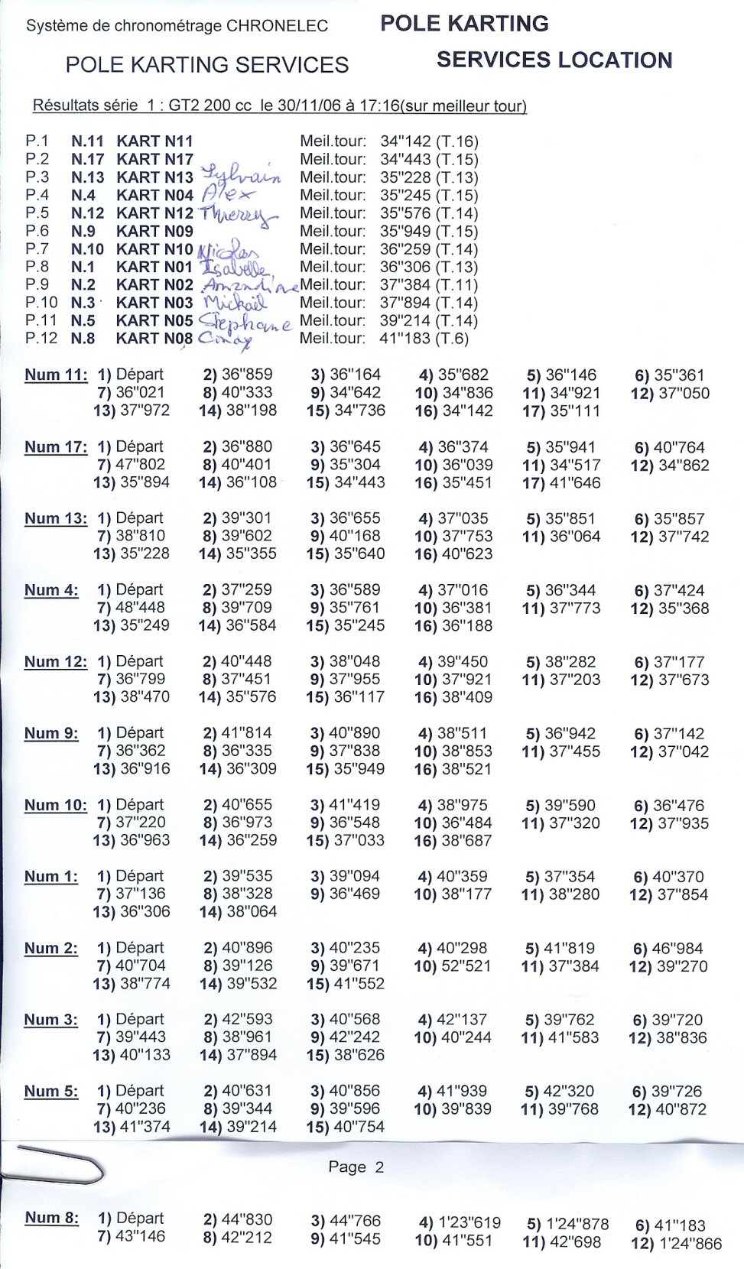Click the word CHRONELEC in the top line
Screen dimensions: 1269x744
[x=277, y=25]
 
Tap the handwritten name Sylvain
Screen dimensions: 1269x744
[x=241, y=175]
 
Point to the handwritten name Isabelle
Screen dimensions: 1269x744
[x=235, y=267]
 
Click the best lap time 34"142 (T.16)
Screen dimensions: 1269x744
[x=429, y=141]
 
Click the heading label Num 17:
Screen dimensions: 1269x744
[x=56, y=447]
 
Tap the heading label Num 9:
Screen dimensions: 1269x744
[x=51, y=734]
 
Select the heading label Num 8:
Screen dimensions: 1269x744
[x=51, y=1218]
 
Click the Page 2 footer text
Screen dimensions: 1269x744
[x=356, y=1167]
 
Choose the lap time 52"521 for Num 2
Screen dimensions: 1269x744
[x=463, y=966]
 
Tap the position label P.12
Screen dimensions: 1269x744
[x=41, y=338]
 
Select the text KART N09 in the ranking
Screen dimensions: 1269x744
[x=154, y=231]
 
